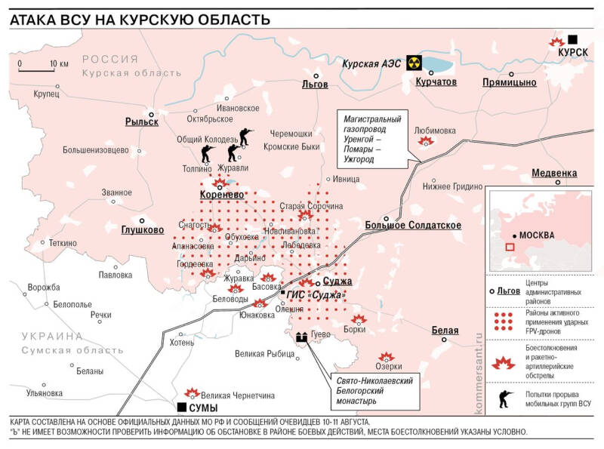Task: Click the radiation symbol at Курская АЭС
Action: click(x=412, y=63)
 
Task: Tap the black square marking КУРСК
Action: click(x=573, y=39)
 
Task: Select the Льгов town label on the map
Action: click(x=315, y=84)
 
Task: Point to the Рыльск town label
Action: click(x=142, y=121)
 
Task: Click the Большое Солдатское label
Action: click(x=413, y=225)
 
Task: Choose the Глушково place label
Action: click(x=143, y=230)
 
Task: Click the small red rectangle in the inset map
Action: click(x=510, y=247)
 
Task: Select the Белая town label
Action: click(x=445, y=331)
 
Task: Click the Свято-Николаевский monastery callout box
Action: click(x=374, y=390)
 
